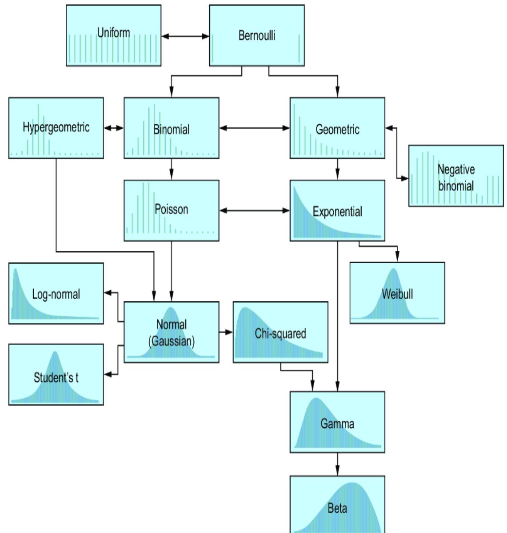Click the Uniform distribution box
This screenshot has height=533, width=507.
pyautogui.click(x=114, y=36)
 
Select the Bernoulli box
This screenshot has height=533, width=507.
pyautogui.click(x=257, y=36)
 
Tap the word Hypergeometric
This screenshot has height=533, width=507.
pyautogui.click(x=56, y=127)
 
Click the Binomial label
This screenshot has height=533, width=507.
pyautogui.click(x=172, y=130)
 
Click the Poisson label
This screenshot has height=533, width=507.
pyautogui.click(x=172, y=209)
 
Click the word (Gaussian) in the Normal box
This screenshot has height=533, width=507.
pyautogui.click(x=172, y=341)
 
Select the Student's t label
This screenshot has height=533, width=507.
pyautogui.click(x=56, y=378)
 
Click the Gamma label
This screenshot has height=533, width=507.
pyautogui.click(x=337, y=424)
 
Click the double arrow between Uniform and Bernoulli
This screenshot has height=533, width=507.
pyautogui.click(x=185, y=36)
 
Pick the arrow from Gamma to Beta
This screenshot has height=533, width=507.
pyautogui.click(x=337, y=464)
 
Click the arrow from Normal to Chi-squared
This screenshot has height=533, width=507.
pyautogui.click(x=226, y=332)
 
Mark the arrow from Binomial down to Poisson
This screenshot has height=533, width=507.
pyautogui.click(x=172, y=169)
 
